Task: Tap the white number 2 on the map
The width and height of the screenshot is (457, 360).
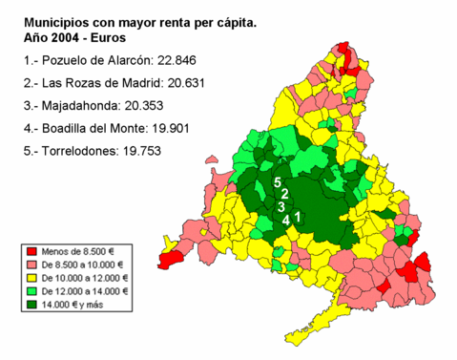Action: click(284, 194)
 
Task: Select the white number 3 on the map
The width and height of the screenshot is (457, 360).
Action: click(280, 206)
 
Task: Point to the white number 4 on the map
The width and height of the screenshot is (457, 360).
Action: click(286, 220)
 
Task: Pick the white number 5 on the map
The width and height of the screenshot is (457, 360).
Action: click(278, 181)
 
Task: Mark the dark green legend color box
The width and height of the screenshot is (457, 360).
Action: click(31, 305)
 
